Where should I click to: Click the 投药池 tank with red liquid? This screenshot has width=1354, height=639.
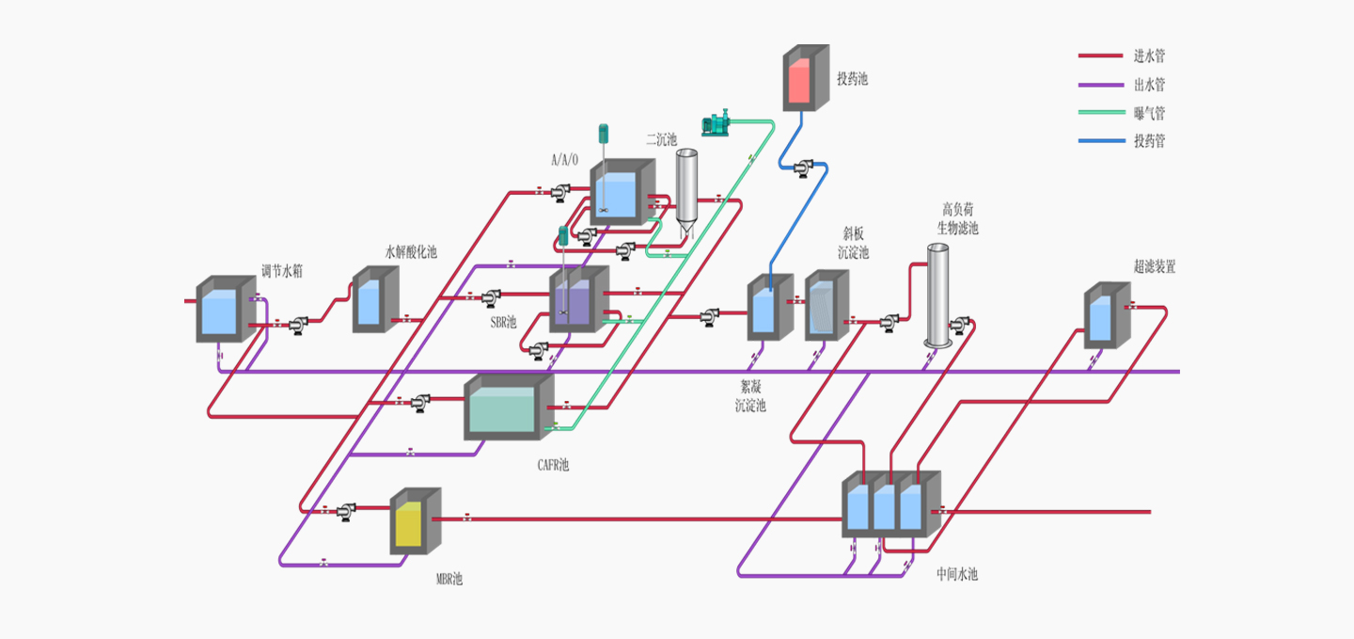(806, 79)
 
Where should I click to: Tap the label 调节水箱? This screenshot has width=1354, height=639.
(282, 271)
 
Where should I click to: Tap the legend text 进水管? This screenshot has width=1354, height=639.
(1149, 56)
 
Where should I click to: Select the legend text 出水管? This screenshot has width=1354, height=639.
(1149, 85)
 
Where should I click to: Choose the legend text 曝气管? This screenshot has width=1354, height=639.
(1149, 113)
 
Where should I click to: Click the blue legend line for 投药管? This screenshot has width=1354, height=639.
(1100, 141)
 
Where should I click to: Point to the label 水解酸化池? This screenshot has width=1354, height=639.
(411, 252)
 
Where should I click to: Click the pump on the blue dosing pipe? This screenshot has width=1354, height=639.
(803, 168)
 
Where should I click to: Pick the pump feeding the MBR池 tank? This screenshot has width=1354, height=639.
(345, 510)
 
